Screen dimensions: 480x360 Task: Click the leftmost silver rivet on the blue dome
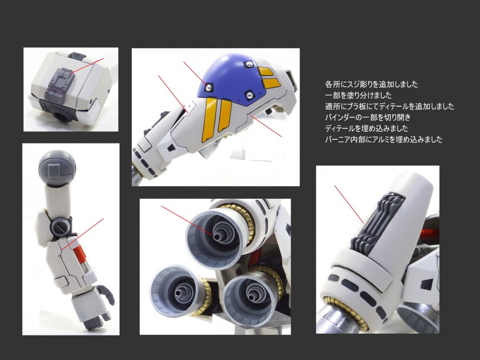209,87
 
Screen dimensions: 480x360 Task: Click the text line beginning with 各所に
371,84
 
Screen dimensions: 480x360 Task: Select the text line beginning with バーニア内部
383,140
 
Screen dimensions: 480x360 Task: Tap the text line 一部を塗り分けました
358,96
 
